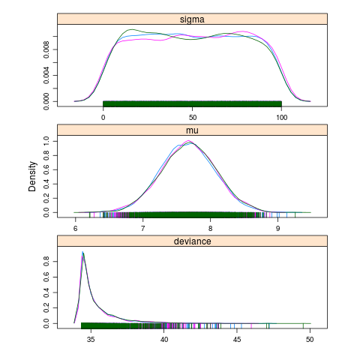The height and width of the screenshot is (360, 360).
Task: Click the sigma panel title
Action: click(192, 19)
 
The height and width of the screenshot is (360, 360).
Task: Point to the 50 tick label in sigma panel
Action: click(192, 118)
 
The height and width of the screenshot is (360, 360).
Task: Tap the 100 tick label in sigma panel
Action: click(281, 118)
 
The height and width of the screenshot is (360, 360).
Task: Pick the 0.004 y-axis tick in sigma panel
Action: click(46, 76)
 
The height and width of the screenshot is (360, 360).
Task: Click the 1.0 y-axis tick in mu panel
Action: click(46, 140)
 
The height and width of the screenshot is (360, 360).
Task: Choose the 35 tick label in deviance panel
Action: click(91, 340)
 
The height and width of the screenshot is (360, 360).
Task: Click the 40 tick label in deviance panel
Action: click(164, 340)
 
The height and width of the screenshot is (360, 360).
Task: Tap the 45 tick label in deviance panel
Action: click(237, 340)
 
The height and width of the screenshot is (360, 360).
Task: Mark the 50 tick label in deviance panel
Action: click(310, 340)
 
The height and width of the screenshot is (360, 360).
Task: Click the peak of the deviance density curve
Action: click(82, 252)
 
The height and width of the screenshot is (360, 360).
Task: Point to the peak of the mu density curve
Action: click(189, 141)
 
